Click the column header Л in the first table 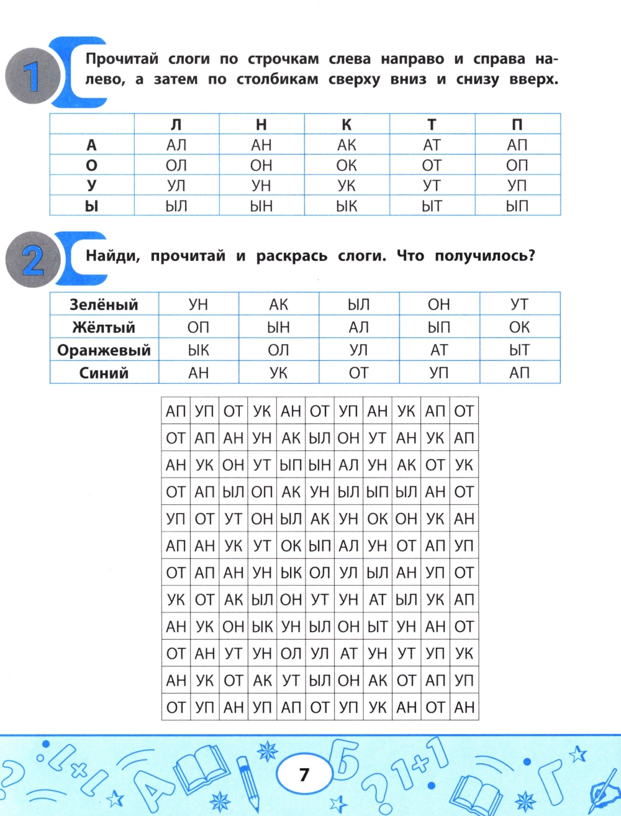(x=176, y=125)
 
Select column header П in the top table (x=517, y=125)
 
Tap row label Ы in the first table (x=92, y=206)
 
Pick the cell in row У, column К (x=347, y=186)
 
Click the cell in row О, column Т (x=432, y=165)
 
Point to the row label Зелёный (x=104, y=304)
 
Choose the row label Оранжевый (x=104, y=350)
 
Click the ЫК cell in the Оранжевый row (x=198, y=350)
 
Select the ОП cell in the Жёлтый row (x=198, y=327)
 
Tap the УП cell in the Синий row (x=439, y=373)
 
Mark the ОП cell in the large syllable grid (x=262, y=492)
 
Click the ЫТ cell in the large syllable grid (x=378, y=627)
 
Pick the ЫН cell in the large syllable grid (x=320, y=465)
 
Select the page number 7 (x=304, y=774)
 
